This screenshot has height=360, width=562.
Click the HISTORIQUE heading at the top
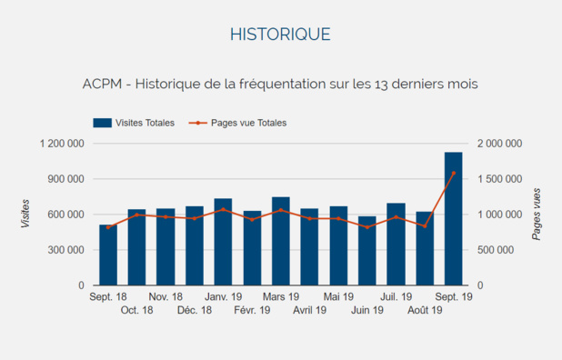(x=280, y=35)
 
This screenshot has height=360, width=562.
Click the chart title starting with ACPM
(x=280, y=84)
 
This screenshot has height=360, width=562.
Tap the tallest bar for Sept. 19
(x=453, y=218)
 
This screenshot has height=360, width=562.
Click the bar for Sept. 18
(x=108, y=255)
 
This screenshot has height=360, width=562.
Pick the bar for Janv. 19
(x=223, y=242)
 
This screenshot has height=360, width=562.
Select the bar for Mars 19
(x=281, y=241)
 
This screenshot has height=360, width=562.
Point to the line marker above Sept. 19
(x=453, y=173)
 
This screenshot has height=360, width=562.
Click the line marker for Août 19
(x=424, y=225)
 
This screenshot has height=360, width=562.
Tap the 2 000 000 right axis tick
(x=499, y=144)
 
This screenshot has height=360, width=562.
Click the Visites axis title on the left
(x=25, y=215)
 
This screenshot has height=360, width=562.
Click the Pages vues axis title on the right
(x=537, y=215)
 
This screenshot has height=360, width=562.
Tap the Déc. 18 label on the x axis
(x=194, y=310)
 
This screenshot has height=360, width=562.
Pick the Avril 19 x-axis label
(x=309, y=310)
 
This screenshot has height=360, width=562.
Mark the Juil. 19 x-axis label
(x=396, y=297)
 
